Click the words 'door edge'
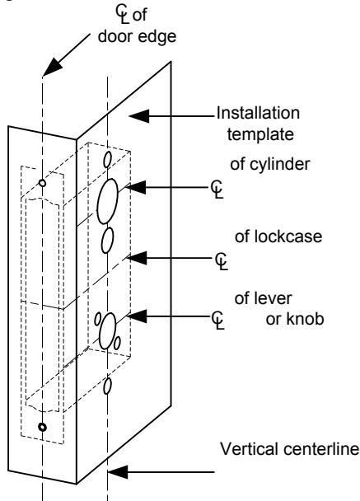tap(137, 36)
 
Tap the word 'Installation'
tap(258, 113)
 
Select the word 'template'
tap(260, 134)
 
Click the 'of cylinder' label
tap(270, 164)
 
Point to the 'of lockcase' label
tap(278, 236)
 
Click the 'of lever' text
tap(263, 298)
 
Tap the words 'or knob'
tap(295, 319)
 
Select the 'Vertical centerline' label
tap(290, 449)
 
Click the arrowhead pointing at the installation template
tap(139, 115)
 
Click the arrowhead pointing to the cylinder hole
tap(135, 187)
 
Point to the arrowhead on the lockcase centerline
tap(137, 258)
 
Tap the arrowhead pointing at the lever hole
tap(137, 316)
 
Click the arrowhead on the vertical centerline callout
tap(118, 472)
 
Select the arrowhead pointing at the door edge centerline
tap(53, 68)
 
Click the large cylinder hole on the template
tap(107, 201)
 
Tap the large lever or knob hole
tap(108, 331)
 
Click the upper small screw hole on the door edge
tap(42, 183)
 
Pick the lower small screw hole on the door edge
tap(42, 427)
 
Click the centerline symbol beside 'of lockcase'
tap(221, 261)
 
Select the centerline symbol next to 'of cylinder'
tap(217, 190)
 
